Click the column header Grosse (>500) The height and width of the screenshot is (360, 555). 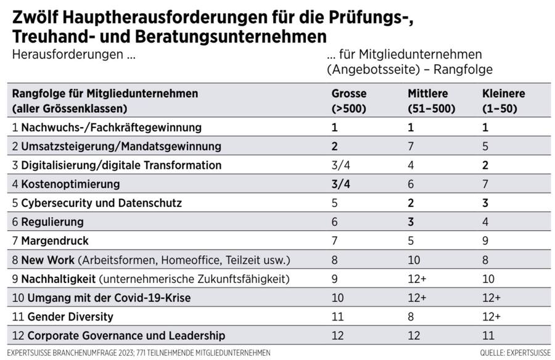click(x=349, y=101)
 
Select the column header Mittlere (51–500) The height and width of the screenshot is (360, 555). click(x=432, y=101)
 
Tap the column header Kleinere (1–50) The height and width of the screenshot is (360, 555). click(x=504, y=101)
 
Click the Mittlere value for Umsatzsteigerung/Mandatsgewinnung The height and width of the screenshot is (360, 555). click(x=411, y=147)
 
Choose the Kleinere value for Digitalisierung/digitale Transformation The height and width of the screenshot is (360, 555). click(x=485, y=165)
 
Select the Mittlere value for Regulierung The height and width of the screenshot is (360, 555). click(x=411, y=222)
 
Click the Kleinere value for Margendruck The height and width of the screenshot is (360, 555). click(x=485, y=240)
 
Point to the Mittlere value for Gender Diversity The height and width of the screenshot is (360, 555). click(x=411, y=316)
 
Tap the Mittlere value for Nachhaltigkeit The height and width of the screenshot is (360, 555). click(x=416, y=279)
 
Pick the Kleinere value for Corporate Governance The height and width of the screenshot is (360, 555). click(x=487, y=335)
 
